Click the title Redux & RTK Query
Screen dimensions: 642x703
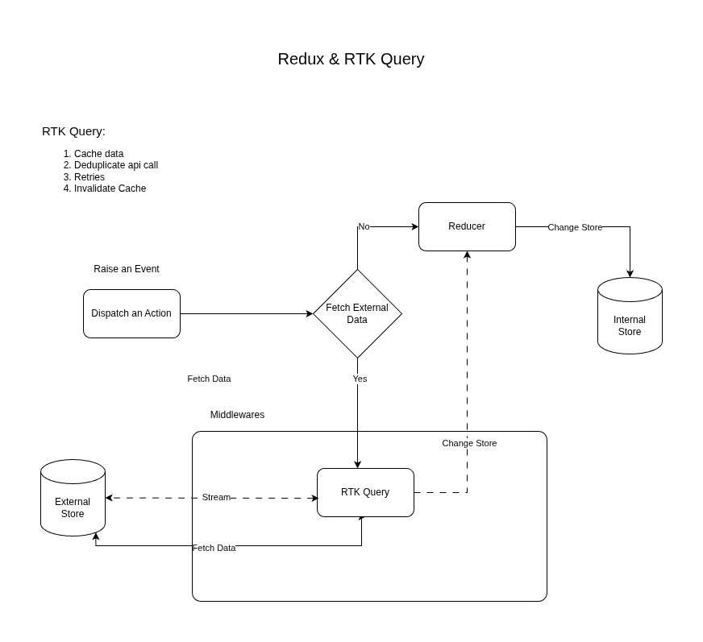click(x=351, y=59)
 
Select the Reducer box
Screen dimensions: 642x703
click(x=467, y=226)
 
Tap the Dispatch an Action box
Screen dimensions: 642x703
click(x=131, y=313)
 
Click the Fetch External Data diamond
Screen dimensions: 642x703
click(x=357, y=313)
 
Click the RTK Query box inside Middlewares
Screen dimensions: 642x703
click(x=365, y=492)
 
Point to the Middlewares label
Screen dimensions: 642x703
click(x=237, y=415)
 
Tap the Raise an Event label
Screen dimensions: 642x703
click(x=127, y=269)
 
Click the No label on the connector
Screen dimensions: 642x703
click(x=364, y=226)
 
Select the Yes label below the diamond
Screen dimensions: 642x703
click(x=360, y=379)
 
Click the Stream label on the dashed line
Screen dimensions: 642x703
click(x=216, y=497)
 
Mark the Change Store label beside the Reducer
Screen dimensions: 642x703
click(x=575, y=227)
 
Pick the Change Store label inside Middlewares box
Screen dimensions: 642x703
click(x=469, y=443)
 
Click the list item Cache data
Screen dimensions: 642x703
click(x=98, y=154)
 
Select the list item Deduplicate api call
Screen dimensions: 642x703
click(x=115, y=165)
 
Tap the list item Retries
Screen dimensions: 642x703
click(x=89, y=177)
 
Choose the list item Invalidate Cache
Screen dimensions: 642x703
click(x=110, y=188)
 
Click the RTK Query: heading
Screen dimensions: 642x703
click(x=73, y=131)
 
